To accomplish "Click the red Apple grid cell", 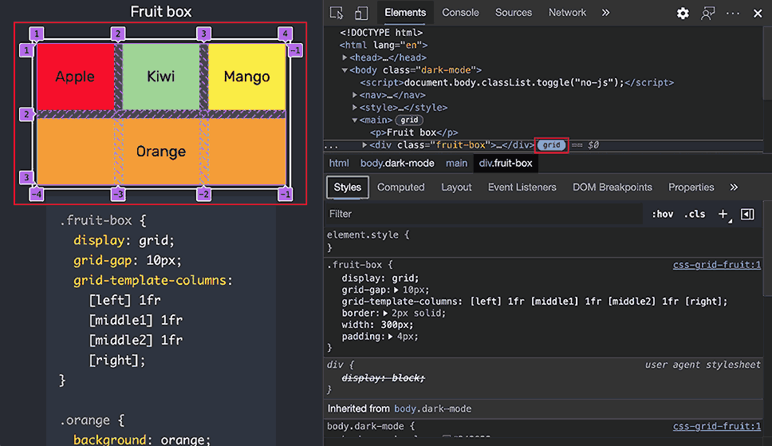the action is click(75, 77).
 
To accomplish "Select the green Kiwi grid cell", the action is click(161, 77).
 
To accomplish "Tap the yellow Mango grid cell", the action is click(246, 77).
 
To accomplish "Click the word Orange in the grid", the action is click(161, 152).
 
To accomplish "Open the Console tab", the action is click(460, 13).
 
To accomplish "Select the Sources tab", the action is click(514, 13).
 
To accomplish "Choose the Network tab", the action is click(567, 13).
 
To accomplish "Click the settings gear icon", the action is click(683, 14).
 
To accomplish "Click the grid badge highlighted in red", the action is click(551, 145).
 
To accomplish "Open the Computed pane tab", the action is click(401, 187).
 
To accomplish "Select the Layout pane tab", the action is click(456, 187).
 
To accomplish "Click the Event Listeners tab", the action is click(522, 187).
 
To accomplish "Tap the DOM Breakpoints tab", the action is click(612, 187).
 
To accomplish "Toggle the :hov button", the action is click(662, 214).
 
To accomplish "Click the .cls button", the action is click(694, 214).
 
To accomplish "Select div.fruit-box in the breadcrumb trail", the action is click(506, 163).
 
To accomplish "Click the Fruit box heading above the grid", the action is click(160, 11).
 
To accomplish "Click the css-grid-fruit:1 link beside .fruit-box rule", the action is click(717, 265).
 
